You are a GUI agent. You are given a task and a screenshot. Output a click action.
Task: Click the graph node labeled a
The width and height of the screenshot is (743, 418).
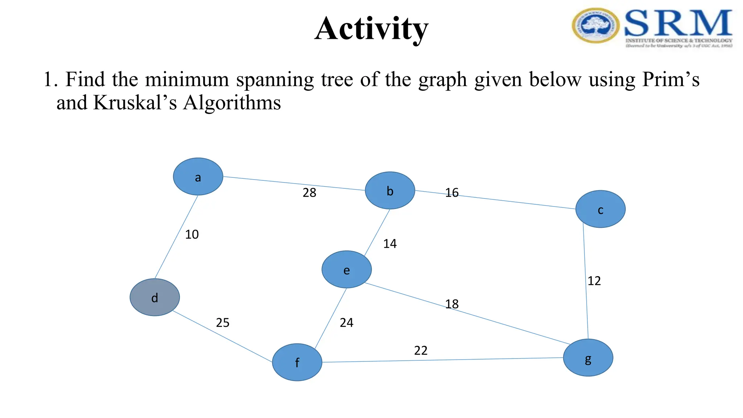[198, 177]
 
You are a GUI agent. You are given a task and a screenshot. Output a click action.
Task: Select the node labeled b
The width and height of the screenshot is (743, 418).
[390, 190]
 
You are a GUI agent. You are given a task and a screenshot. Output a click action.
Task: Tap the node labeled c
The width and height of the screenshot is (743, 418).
[600, 209]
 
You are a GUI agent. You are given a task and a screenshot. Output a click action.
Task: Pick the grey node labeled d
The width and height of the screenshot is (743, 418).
[155, 297]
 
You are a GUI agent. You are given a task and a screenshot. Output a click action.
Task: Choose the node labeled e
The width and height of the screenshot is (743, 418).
[346, 270]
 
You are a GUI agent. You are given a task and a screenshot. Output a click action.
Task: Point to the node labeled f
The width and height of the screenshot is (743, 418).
[297, 362]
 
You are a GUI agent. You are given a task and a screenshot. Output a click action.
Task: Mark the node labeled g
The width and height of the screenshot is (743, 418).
[588, 358]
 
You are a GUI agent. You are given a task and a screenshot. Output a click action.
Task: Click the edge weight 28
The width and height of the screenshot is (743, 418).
[309, 193]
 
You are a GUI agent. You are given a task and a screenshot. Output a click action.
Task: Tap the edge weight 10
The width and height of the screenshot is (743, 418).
[192, 234]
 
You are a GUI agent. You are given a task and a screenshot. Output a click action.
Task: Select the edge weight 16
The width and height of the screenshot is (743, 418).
[452, 193]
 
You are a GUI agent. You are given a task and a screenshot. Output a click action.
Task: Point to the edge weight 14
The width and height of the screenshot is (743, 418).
[390, 244]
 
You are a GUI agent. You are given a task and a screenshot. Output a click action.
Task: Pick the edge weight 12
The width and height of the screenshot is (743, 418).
[594, 281]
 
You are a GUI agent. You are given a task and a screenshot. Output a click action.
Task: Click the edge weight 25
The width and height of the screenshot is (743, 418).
[223, 323]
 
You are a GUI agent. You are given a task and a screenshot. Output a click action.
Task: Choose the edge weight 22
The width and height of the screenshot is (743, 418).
[421, 351]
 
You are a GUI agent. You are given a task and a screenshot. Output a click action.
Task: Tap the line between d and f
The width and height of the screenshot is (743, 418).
[222, 336]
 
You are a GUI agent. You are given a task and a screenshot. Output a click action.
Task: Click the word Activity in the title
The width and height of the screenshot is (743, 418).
[371, 29]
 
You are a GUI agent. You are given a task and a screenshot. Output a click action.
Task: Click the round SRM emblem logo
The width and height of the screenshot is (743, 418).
[595, 26]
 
